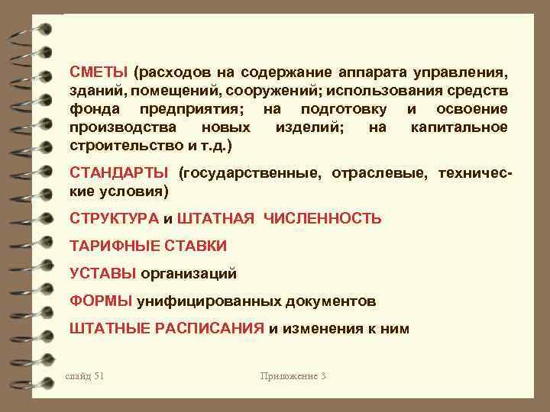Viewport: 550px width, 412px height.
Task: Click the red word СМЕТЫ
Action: [98, 73]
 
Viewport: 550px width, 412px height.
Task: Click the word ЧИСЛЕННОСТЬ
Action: [322, 219]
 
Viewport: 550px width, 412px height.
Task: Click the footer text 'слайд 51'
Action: [86, 376]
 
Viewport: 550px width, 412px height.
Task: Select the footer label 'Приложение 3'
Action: [293, 376]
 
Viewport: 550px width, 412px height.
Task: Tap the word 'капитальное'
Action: [458, 127]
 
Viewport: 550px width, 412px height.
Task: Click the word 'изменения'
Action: [325, 329]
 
